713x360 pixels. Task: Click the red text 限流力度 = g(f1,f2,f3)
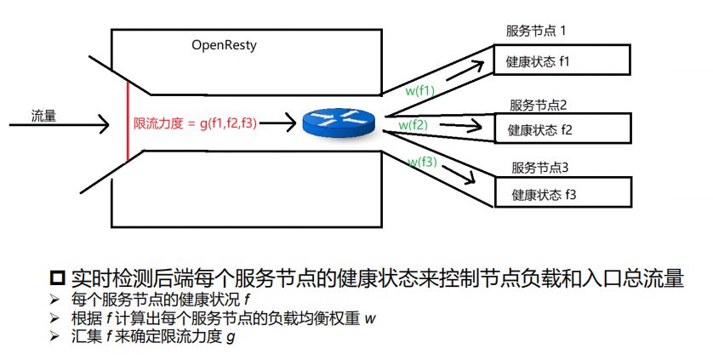196,123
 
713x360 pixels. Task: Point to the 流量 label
43,115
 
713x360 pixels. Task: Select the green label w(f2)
413,125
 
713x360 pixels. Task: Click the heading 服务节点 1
536,31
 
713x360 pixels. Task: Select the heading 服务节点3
539,167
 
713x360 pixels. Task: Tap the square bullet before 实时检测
58,278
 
